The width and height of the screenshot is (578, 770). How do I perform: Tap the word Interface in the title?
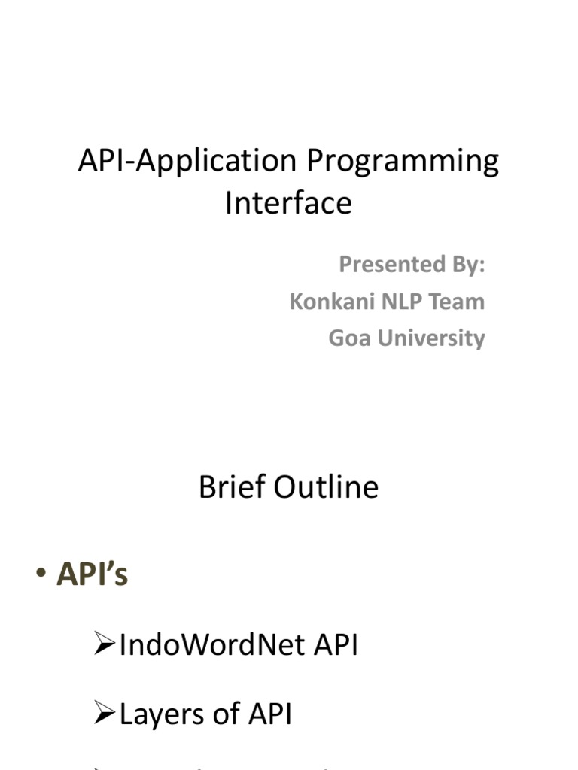pos(288,203)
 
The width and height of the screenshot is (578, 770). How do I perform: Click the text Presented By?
pos(411,265)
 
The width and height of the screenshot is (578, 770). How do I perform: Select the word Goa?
pos(349,338)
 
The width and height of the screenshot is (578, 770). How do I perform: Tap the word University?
pos(431,338)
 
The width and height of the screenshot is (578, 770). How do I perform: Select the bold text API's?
pos(92,576)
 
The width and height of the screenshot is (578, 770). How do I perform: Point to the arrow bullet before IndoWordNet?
pos(104,645)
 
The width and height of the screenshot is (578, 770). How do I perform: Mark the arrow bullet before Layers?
pos(104,714)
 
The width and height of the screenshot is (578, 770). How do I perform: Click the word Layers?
pos(160,715)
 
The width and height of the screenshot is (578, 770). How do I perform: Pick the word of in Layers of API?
pos(223,714)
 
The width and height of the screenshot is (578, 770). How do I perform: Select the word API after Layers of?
pos(269,714)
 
